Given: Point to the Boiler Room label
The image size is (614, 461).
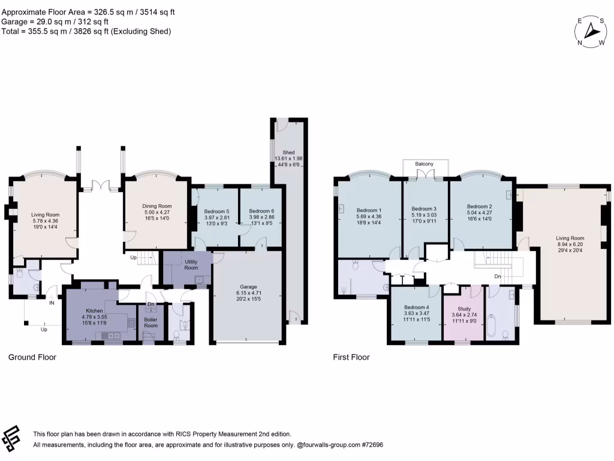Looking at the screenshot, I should coord(151,322).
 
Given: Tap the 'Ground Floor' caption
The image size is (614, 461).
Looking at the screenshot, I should coord(32,357).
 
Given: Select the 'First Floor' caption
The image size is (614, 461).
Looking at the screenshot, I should coord(351,357).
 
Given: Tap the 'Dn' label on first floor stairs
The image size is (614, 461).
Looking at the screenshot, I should coord(498,277).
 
